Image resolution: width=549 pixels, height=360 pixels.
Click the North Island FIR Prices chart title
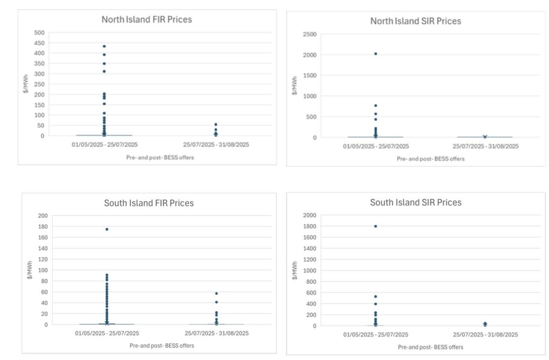point(146,19)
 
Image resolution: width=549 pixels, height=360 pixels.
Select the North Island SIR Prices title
point(416,21)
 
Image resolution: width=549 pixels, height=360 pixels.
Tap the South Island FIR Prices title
point(149,203)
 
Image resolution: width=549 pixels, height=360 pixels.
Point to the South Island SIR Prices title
point(416,202)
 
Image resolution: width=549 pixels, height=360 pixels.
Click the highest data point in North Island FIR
point(104,46)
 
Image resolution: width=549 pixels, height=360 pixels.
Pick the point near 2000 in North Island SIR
point(375,54)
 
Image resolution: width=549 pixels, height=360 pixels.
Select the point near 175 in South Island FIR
point(107,229)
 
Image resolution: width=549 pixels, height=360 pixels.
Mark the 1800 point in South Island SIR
point(375,226)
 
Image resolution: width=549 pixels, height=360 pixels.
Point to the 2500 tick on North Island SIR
point(309,34)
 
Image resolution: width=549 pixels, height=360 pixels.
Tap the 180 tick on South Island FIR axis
point(43,226)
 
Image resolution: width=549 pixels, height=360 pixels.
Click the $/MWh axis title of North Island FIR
point(26,84)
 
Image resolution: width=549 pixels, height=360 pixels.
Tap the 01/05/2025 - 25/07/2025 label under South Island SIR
point(375,335)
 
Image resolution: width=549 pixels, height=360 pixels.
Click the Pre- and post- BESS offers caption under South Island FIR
point(162,346)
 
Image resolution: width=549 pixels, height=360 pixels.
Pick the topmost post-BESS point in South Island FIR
point(216,293)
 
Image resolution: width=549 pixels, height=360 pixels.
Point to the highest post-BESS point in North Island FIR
point(216,124)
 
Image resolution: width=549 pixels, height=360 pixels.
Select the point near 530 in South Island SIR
point(375,297)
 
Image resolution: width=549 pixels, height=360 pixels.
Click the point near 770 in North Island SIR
point(375,106)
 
